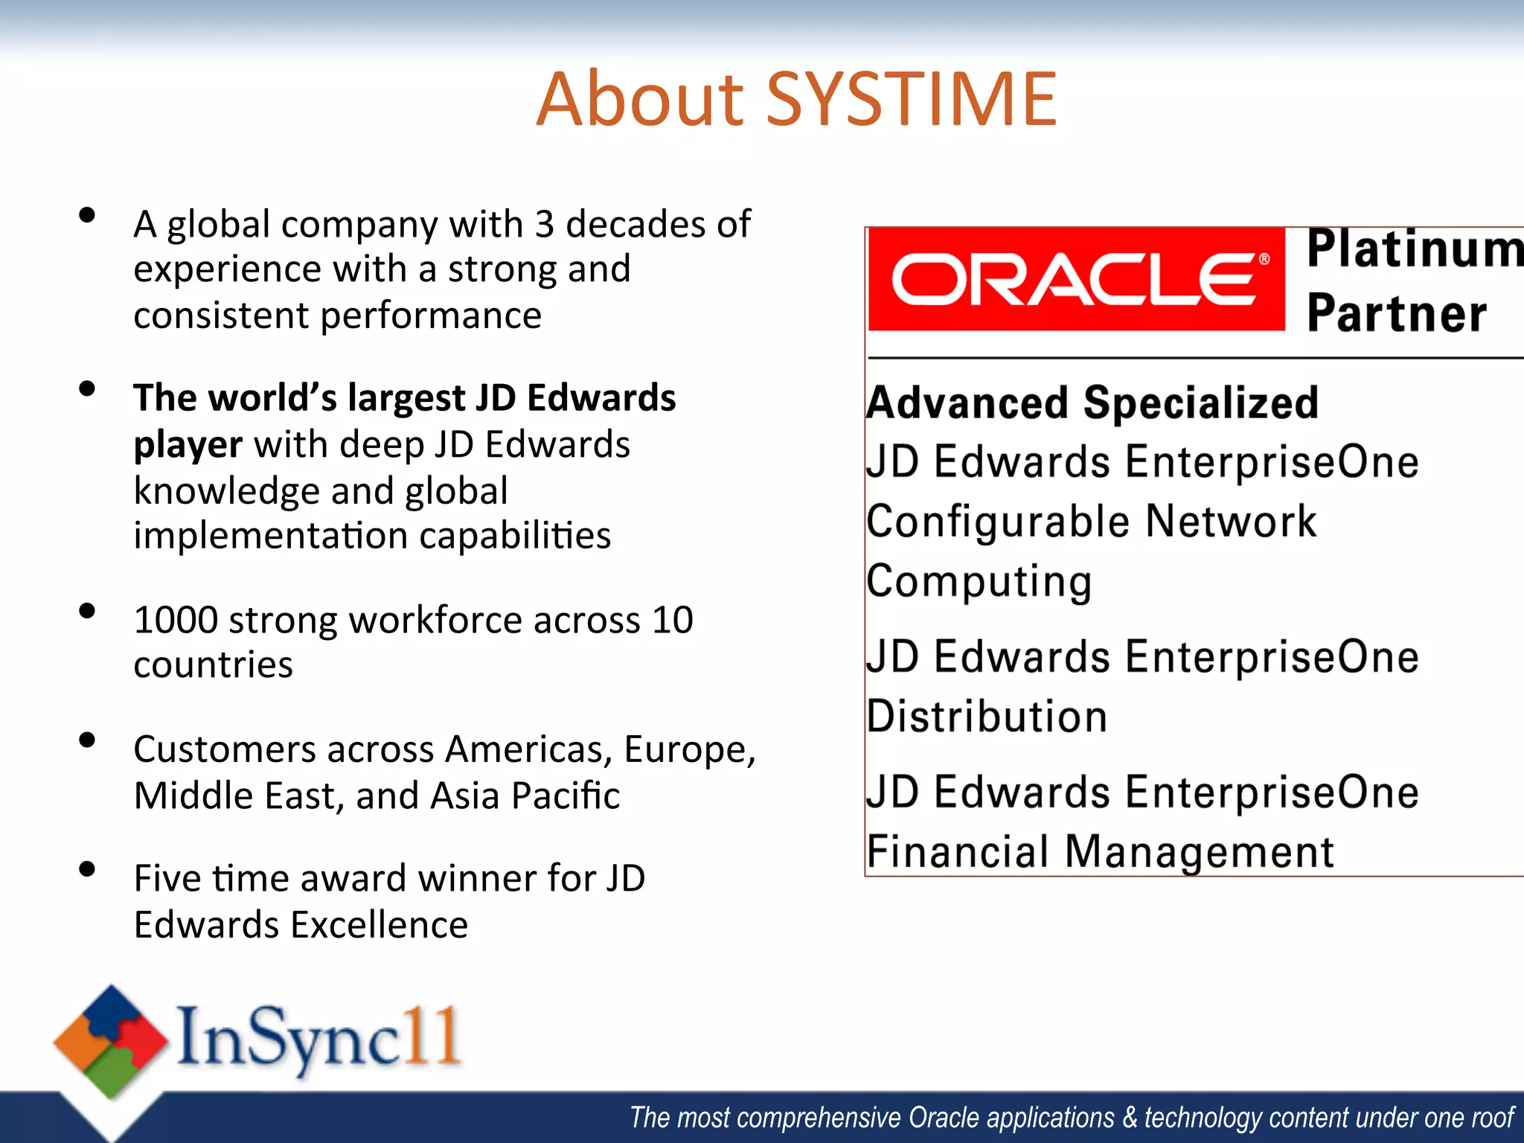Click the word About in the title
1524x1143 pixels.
[x=640, y=100]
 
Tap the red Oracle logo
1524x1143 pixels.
[x=1076, y=280]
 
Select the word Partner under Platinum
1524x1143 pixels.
[x=1397, y=313]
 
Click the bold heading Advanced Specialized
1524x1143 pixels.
[x=1092, y=403]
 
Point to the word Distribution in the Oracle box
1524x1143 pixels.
[x=987, y=717]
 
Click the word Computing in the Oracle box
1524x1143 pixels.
[x=979, y=582]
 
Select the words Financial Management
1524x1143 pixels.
[x=1100, y=852]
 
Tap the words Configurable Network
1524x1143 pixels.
[x=1091, y=522]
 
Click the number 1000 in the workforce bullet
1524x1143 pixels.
[x=176, y=620]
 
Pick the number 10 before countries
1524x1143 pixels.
[x=673, y=620]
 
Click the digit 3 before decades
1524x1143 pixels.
[x=544, y=224]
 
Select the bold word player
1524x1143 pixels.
[x=188, y=445]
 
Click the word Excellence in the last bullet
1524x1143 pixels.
[x=379, y=925]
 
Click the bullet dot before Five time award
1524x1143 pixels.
[x=87, y=868]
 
